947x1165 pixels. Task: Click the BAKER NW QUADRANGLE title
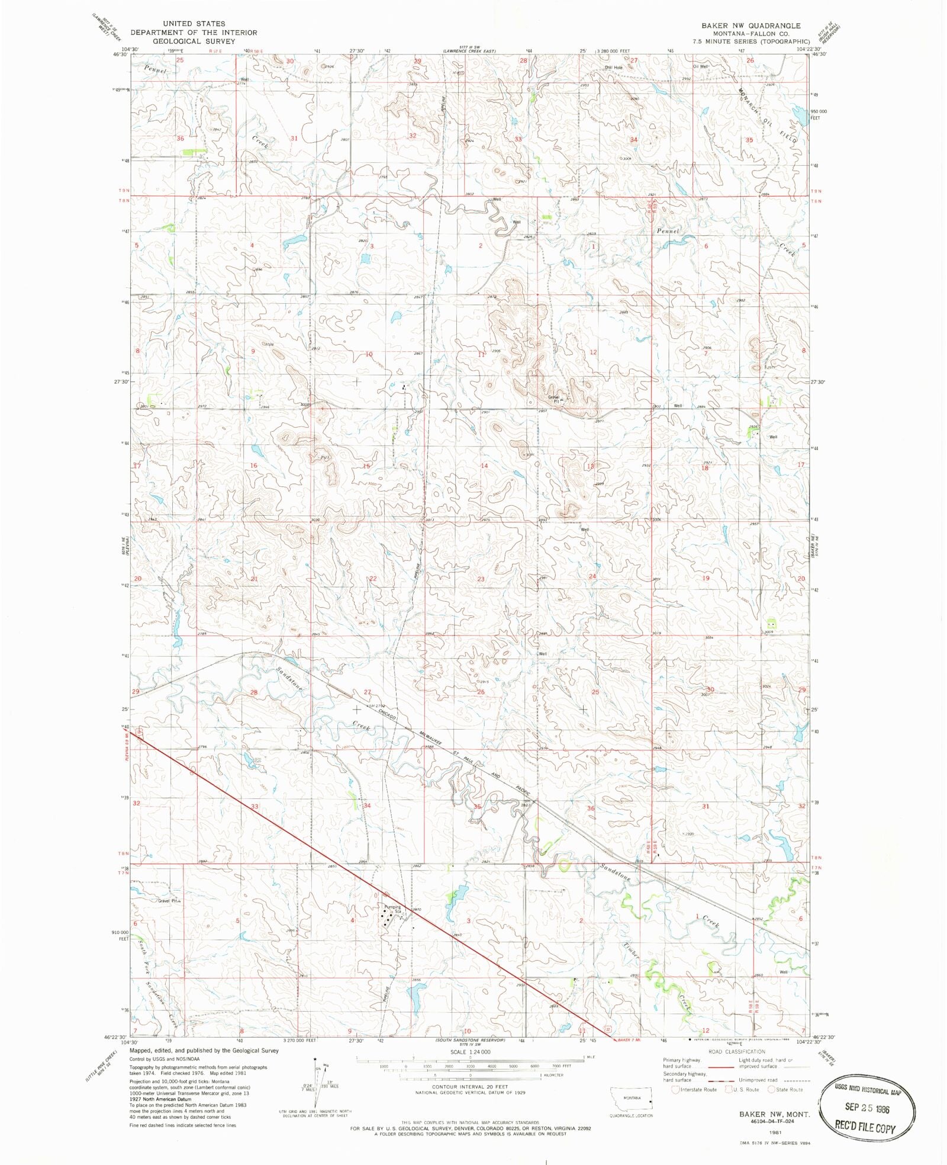pos(750,25)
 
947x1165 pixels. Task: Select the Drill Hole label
pos(614,68)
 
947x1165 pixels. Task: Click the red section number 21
pos(254,579)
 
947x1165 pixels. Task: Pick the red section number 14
pos(484,466)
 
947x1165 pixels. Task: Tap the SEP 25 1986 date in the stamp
pos(867,1107)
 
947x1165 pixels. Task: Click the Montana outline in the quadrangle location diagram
pos(631,1099)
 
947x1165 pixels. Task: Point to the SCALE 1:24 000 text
pos(470,1052)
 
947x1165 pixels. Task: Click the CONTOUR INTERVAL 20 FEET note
pos(470,1087)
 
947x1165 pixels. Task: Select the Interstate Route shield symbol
pos(676,1090)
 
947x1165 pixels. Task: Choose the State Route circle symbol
pos(771,1090)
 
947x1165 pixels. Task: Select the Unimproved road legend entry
pos(758,1080)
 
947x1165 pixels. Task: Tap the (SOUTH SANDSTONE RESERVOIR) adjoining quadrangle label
pos(469,1041)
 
